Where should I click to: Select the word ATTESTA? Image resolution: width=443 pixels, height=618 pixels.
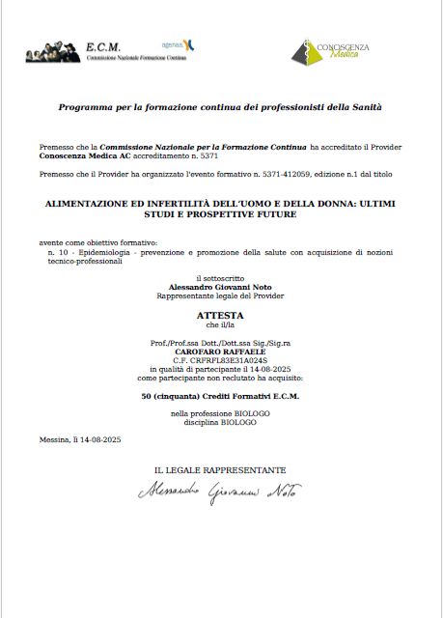click(x=221, y=315)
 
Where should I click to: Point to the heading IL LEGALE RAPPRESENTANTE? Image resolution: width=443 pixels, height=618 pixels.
click(x=220, y=469)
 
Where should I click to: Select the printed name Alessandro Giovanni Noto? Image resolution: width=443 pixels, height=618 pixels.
click(x=221, y=288)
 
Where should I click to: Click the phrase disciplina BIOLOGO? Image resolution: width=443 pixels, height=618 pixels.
click(x=221, y=421)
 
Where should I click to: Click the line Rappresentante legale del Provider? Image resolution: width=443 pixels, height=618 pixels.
click(x=221, y=295)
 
